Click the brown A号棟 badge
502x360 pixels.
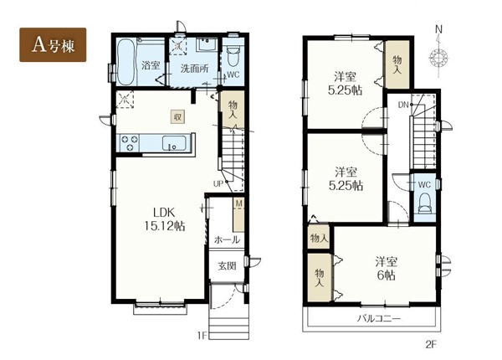53,45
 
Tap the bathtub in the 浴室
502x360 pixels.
125,61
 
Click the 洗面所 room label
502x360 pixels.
195,68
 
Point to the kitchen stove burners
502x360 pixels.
130,143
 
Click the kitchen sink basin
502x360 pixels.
174,143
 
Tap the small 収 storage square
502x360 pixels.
177,117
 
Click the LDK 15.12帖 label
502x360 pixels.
165,219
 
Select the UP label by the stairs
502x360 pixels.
218,184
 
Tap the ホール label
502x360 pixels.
227,239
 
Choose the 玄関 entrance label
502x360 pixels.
227,266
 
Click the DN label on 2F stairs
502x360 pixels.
403,105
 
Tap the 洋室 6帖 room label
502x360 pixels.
387,269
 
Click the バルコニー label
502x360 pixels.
379,319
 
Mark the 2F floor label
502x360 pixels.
431,345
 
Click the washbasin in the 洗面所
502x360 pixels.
207,44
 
